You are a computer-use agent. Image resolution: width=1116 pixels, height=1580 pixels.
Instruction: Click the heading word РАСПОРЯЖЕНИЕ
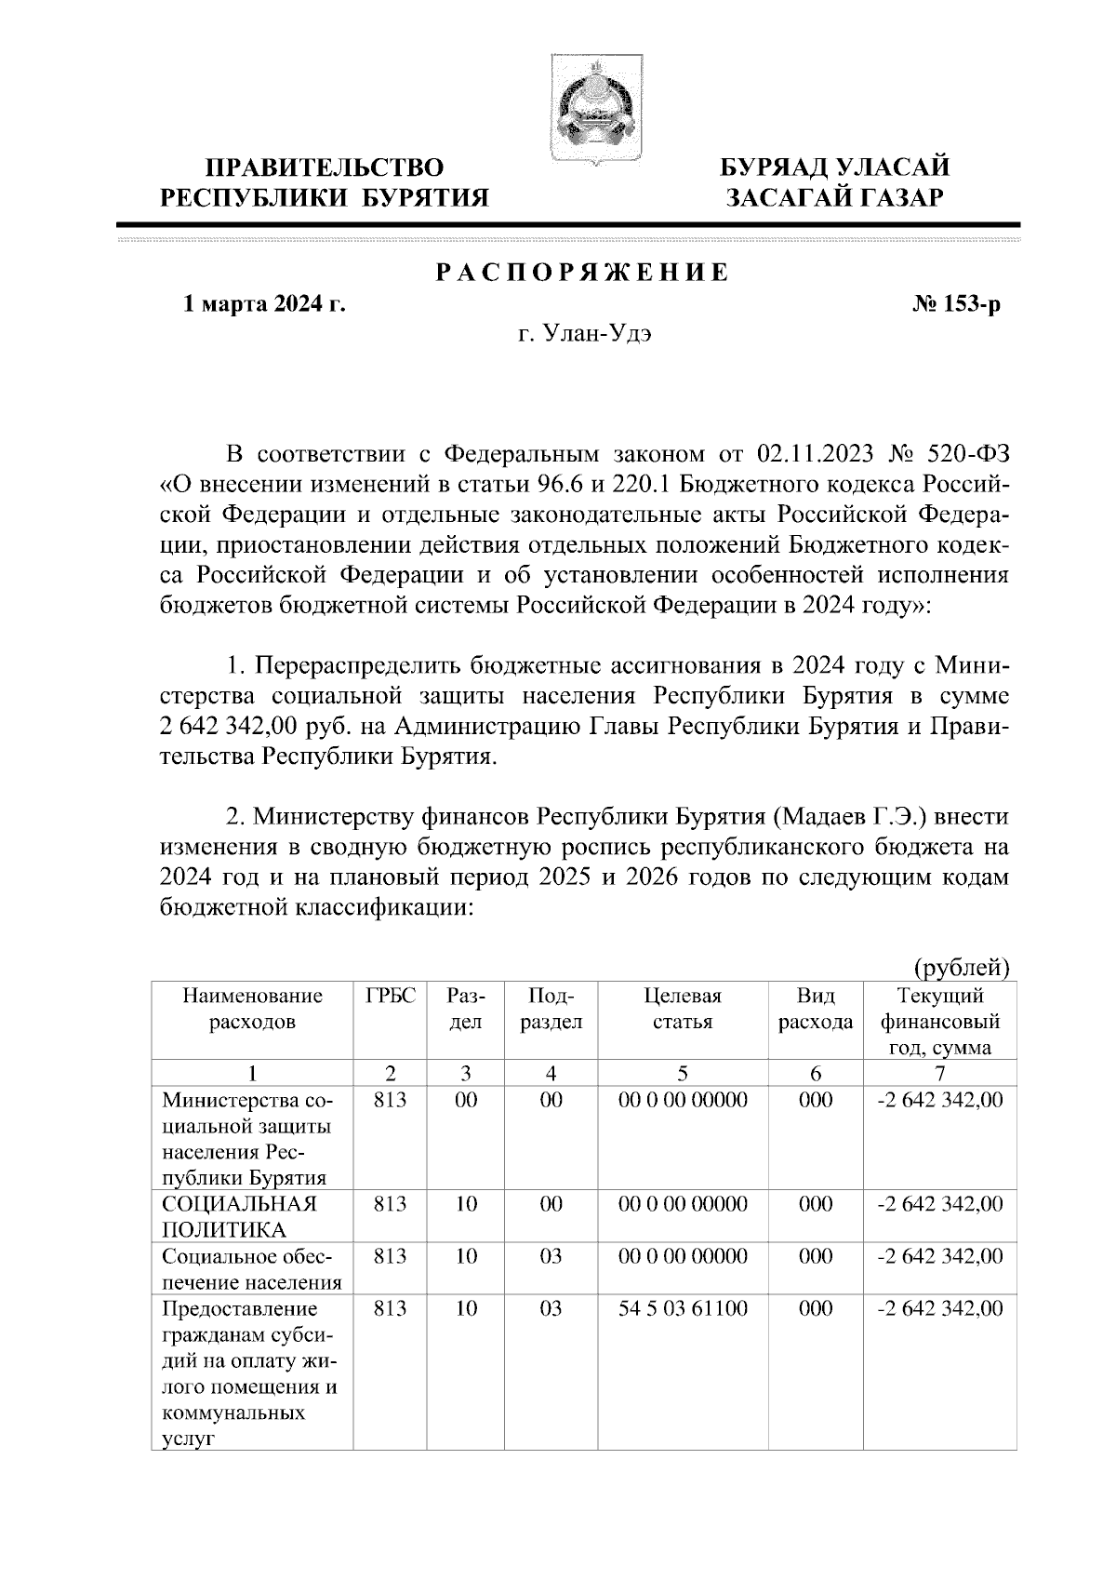pos(583,274)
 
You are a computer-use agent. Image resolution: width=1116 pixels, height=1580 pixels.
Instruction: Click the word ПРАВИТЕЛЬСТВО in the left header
pos(325,167)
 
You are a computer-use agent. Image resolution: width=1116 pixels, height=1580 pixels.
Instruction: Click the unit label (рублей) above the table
pos(962,969)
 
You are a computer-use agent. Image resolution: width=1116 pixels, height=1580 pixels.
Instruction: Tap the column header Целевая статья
pos(683,1009)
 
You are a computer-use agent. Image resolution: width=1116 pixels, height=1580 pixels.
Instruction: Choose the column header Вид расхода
pos(816,1009)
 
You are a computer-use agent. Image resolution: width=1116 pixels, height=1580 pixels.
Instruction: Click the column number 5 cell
pos(683,1072)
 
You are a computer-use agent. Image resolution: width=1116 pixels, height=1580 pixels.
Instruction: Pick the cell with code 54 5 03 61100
pos(683,1308)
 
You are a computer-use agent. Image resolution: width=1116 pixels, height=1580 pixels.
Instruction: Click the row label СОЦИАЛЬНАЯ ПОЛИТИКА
pos(239,1216)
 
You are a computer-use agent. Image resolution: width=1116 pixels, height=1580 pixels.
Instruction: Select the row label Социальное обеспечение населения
pos(251,1269)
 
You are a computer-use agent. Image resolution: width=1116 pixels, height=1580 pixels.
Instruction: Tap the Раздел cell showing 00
pos(466,1100)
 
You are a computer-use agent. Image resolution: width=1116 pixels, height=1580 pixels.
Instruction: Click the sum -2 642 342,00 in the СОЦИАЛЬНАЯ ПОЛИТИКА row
pos(940,1203)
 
